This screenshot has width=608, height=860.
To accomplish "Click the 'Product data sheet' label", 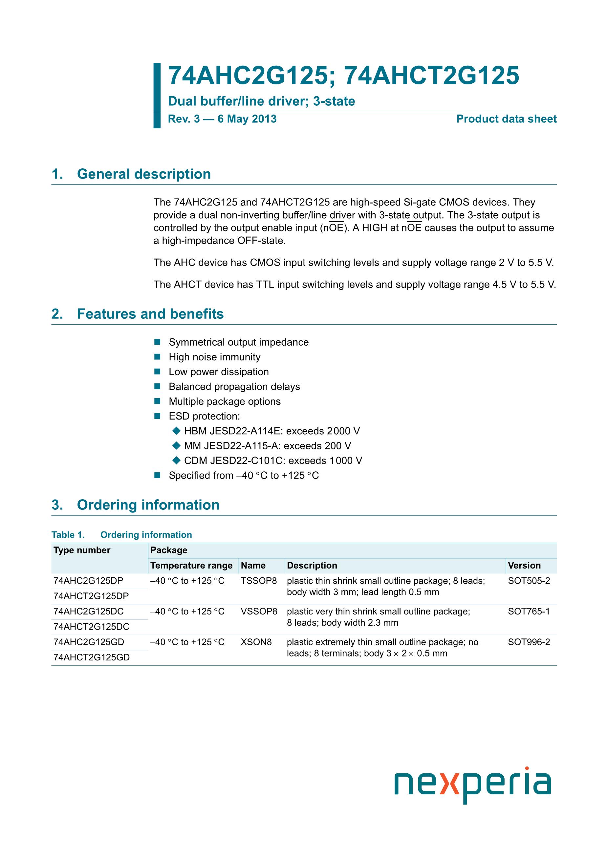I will [x=506, y=119].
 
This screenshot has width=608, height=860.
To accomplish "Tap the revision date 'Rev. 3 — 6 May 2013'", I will [x=222, y=119].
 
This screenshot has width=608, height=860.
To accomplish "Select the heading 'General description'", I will [x=144, y=174].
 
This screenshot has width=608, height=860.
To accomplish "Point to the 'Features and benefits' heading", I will [x=150, y=314].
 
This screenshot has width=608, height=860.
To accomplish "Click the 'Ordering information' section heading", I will [x=148, y=505].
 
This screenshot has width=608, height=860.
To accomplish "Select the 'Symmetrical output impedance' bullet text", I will [x=239, y=342].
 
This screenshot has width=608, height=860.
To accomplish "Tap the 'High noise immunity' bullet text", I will [x=214, y=357].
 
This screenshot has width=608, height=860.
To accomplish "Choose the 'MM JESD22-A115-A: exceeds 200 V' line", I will [x=268, y=446].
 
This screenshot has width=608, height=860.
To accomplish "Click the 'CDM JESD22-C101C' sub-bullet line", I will [x=273, y=461].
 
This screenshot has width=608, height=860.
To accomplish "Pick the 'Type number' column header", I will [x=82, y=550].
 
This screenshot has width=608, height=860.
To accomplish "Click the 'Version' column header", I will [x=524, y=566].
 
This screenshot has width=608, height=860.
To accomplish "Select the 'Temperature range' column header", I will [x=191, y=566].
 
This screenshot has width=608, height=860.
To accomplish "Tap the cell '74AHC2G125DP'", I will [x=88, y=581].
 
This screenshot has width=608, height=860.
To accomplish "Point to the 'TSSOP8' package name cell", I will [x=259, y=581].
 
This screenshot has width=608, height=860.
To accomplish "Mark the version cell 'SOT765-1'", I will [x=529, y=611].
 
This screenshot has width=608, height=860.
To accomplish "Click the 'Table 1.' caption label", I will [x=68, y=535].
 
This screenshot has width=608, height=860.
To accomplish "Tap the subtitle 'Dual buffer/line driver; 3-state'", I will [x=261, y=101].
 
